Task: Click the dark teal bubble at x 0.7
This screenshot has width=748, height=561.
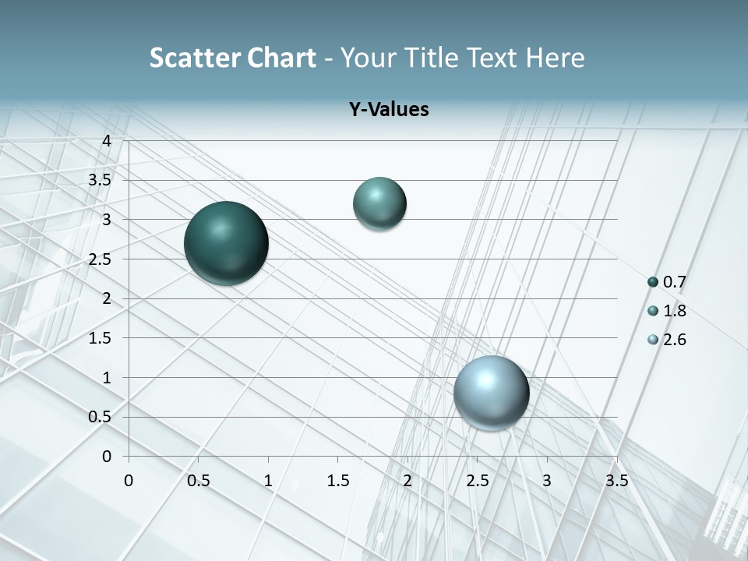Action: pyautogui.click(x=227, y=243)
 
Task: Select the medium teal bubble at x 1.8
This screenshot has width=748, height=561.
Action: pyautogui.click(x=379, y=204)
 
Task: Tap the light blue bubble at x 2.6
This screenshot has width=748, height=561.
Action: pyautogui.click(x=491, y=393)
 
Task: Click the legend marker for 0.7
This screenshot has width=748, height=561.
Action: pyautogui.click(x=653, y=282)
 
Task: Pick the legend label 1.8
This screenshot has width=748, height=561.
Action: pyautogui.click(x=675, y=311)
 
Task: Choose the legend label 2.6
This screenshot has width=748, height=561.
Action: pyautogui.click(x=675, y=340)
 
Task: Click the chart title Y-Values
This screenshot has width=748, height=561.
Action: pyautogui.click(x=389, y=110)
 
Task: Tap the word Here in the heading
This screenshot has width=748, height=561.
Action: pyautogui.click(x=554, y=58)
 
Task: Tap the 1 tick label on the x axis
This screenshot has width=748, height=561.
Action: pyautogui.click(x=268, y=480)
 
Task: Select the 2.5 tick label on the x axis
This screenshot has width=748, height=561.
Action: pyautogui.click(x=477, y=480)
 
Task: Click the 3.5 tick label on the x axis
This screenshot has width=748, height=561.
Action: pyautogui.click(x=616, y=480)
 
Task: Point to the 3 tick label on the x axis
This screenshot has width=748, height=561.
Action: pyautogui.click(x=547, y=480)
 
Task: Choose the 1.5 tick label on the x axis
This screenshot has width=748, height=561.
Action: pyautogui.click(x=337, y=480)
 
